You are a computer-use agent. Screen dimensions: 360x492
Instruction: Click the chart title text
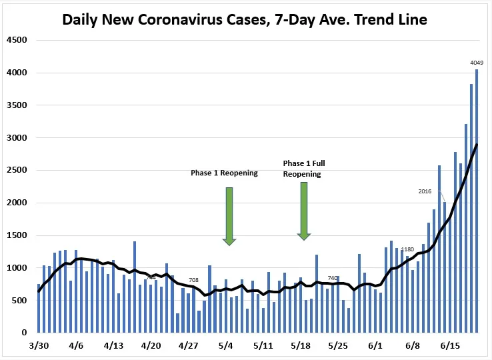(x=245, y=19)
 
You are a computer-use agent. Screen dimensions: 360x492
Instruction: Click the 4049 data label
(x=477, y=63)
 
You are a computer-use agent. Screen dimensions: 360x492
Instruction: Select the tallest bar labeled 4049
(x=477, y=200)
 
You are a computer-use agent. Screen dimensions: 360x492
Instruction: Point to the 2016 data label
(x=425, y=191)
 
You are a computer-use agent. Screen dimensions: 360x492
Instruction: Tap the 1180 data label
(x=407, y=249)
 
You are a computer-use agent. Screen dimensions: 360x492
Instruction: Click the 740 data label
(x=333, y=278)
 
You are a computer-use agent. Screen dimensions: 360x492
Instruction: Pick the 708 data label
(x=194, y=280)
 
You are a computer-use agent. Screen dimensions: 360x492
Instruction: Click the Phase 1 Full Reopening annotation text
(x=304, y=168)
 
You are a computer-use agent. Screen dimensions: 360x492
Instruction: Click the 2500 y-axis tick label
(x=17, y=170)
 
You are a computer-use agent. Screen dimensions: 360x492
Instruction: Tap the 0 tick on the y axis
(x=23, y=333)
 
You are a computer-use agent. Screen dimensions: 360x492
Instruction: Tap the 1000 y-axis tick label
(x=17, y=268)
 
